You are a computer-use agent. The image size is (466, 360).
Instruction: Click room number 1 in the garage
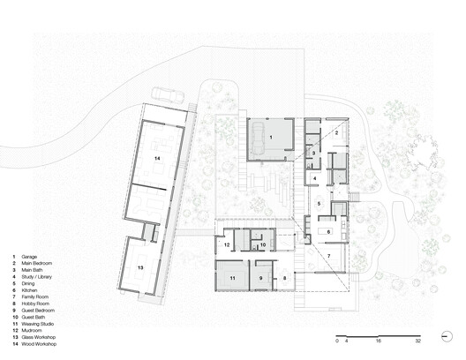pyautogui.click(x=271, y=139)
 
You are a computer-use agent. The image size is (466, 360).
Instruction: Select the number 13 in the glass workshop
pyautogui.click(x=139, y=267)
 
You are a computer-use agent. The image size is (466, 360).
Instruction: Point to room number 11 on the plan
pyautogui.click(x=233, y=278)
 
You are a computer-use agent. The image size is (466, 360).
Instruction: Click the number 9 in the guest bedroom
pyautogui.click(x=262, y=278)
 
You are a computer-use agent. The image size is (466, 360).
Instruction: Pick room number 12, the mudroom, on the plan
pyautogui.click(x=227, y=244)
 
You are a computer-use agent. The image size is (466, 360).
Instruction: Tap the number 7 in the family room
pyautogui.click(x=329, y=256)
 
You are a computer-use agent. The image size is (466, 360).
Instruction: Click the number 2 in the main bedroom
pyautogui.click(x=335, y=132)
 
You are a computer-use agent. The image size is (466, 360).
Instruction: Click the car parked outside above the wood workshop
pyautogui.click(x=168, y=93)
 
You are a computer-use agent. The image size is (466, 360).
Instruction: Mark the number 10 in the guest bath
pyautogui.click(x=262, y=244)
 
